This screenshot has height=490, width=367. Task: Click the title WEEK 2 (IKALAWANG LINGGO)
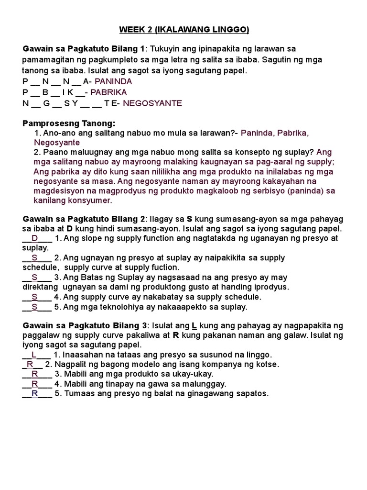pyautogui.click(x=184, y=30)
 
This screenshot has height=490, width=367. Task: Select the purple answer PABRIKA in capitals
pyautogui.click(x=109, y=92)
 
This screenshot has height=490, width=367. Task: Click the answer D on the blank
pyautogui.click(x=34, y=238)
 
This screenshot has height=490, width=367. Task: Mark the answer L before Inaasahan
pyautogui.click(x=34, y=355)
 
